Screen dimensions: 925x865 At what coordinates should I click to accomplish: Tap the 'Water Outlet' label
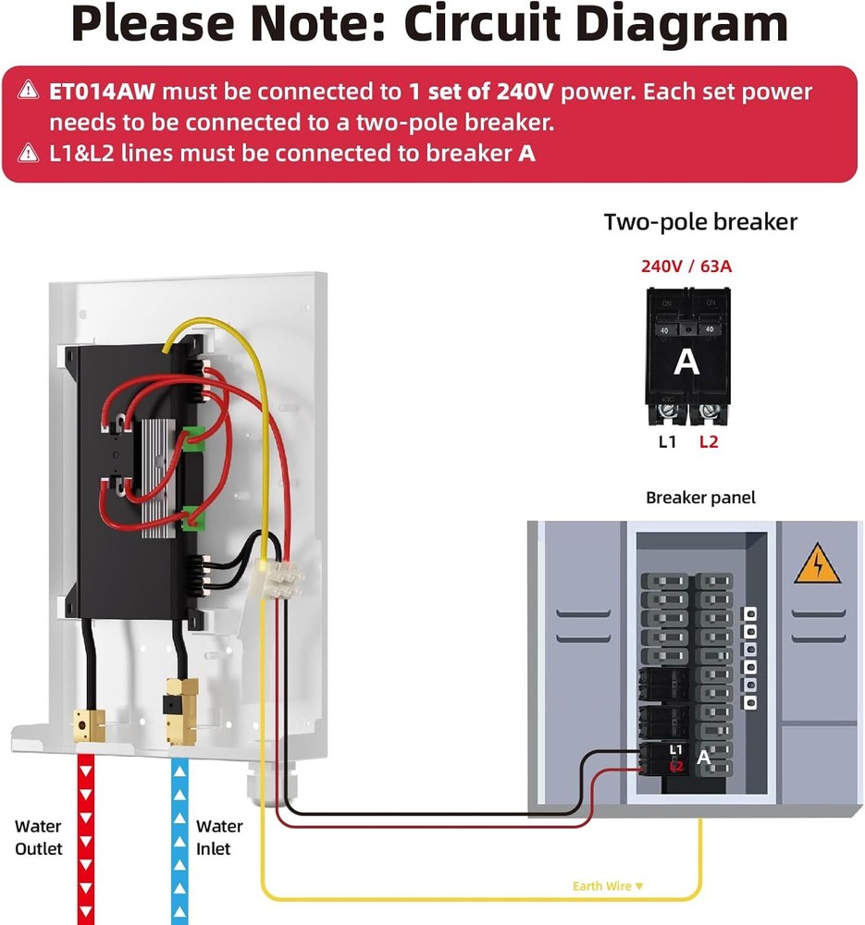pos(38,837)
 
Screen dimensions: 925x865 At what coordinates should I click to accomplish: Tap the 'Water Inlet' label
pos(219,837)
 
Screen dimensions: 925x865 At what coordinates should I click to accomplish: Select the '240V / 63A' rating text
pos(687,266)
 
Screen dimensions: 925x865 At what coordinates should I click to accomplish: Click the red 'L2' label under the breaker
pos(709,441)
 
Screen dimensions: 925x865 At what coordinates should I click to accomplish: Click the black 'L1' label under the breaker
pos(667,441)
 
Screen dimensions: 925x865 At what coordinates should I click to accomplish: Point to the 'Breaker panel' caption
pos(700,498)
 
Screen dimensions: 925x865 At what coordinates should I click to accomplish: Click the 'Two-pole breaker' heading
pos(700,222)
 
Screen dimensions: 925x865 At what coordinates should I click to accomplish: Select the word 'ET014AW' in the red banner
pos(104,92)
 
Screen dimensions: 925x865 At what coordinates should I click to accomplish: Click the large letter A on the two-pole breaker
pos(686,362)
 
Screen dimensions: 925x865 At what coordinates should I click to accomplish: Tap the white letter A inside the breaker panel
pos(704,758)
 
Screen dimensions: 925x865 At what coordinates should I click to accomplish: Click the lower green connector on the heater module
pos(192,519)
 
